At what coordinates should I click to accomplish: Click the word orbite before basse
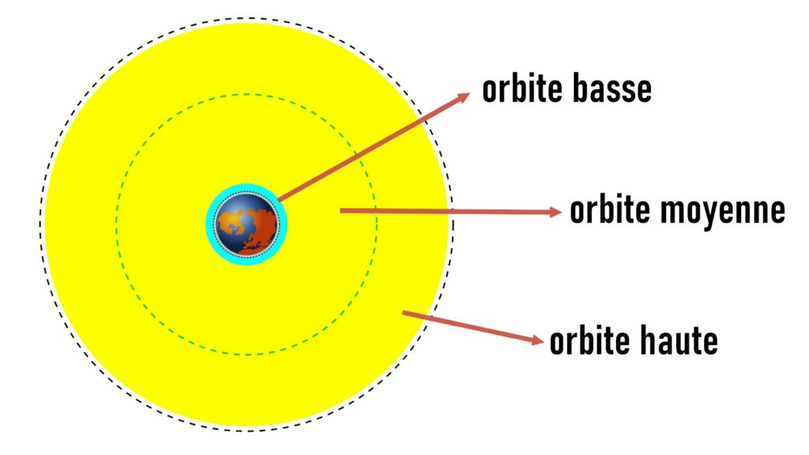tap(521, 88)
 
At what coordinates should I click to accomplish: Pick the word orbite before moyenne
tap(609, 210)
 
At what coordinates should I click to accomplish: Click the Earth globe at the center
tap(246, 224)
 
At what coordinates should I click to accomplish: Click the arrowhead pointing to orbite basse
tap(463, 97)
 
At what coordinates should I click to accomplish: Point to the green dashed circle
tap(116, 224)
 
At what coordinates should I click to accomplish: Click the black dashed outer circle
tap(40, 224)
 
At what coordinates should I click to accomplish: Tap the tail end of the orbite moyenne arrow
tap(341, 210)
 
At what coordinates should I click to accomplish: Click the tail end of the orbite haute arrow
tap(403, 312)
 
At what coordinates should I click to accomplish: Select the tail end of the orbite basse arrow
tap(279, 200)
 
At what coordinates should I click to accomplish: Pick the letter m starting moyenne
tap(672, 212)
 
